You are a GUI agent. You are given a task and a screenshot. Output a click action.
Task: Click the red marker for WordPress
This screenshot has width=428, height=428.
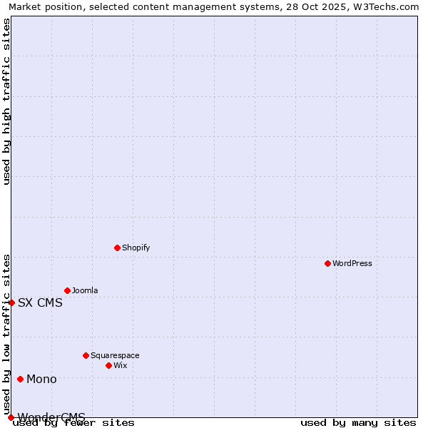pos(327,263)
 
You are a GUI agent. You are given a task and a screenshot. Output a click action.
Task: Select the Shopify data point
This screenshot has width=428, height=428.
pos(117,248)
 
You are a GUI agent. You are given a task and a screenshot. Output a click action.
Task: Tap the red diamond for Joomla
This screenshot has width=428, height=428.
pos(67,290)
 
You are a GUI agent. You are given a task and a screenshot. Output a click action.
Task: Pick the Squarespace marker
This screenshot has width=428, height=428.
pos(86,355)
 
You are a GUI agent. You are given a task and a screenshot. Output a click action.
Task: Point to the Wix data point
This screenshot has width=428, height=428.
pos(108,365)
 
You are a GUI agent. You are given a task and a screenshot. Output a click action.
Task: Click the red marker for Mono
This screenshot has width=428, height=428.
pos(20,379)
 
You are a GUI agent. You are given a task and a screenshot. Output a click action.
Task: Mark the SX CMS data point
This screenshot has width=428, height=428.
pos(11,302)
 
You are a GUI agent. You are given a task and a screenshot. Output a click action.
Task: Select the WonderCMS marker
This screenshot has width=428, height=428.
pos(11,417)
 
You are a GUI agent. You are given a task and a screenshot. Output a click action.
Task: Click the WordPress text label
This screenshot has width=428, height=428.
pos(352,263)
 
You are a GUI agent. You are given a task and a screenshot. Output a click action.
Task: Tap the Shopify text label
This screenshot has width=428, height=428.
pos(136,248)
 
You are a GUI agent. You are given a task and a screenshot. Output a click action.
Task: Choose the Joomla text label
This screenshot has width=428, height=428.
pos(85,290)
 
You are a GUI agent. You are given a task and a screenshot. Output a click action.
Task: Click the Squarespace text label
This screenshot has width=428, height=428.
pos(115,355)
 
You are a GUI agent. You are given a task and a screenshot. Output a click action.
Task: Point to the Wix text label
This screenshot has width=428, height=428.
pos(120,365)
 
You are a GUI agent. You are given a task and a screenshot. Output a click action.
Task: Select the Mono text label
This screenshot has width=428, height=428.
pos(41,379)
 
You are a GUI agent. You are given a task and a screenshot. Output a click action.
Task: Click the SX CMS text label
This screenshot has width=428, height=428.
pos(40,302)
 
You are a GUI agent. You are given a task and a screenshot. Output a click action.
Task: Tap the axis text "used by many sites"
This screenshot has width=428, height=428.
pos(358,423)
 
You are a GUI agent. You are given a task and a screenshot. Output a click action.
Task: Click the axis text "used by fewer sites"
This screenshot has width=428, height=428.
pos(73,423)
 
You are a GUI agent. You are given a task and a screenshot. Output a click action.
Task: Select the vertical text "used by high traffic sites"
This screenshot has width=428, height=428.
pos(6,101)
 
